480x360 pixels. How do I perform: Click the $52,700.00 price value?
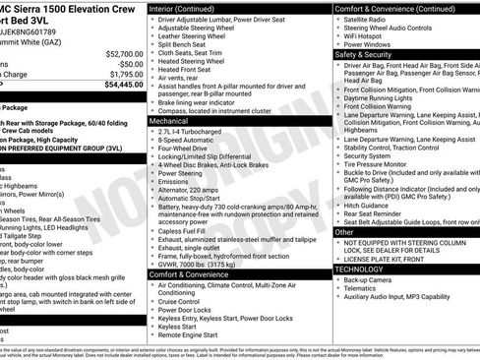120,54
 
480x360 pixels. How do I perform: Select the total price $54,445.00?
118,86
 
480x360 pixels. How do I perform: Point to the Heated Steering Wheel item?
194,60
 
